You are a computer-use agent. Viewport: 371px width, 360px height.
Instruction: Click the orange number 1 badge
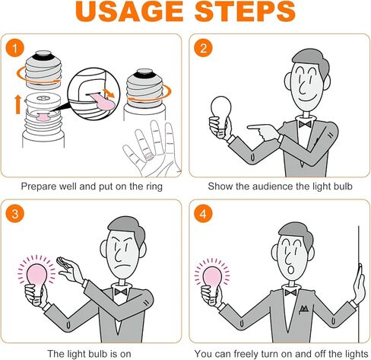pyautogui.click(x=15, y=48)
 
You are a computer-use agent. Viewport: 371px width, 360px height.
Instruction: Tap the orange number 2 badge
pyautogui.click(x=203, y=48)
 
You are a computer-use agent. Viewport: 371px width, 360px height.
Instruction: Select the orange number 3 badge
pyautogui.click(x=15, y=214)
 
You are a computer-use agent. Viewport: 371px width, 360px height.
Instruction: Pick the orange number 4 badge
pyautogui.click(x=203, y=214)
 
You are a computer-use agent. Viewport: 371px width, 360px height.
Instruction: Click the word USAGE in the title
pyautogui.click(x=129, y=11)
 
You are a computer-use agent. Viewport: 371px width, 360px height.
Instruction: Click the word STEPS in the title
pyautogui.click(x=246, y=11)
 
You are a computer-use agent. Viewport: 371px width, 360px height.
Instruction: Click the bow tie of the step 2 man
pyautogui.click(x=305, y=124)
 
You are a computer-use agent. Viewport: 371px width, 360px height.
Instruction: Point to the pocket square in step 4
pyautogui.click(x=303, y=309)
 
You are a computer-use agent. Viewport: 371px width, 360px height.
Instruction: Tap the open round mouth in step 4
pyautogui.click(x=291, y=269)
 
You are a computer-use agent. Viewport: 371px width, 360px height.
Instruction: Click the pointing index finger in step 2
pyautogui.click(x=256, y=127)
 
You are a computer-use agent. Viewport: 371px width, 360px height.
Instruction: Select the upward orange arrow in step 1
pyautogui.click(x=17, y=104)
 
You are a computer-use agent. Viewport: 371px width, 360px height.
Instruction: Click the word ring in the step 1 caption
pyautogui.click(x=154, y=186)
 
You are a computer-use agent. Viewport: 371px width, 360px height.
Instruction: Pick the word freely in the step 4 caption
pyautogui.click(x=246, y=354)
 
